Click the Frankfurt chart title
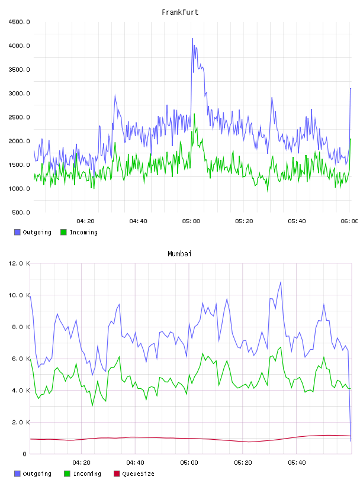point(180,12)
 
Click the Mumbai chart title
point(179,254)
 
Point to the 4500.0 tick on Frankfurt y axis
point(19,22)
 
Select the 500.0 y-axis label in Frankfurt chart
point(21,212)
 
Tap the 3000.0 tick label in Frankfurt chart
point(19,94)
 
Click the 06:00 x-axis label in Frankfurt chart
point(349,221)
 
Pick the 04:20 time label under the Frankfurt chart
point(85,221)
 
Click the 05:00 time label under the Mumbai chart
point(189,463)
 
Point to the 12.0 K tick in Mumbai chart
point(19,263)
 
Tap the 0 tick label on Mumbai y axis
point(24,454)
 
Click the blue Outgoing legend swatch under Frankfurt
point(17,232)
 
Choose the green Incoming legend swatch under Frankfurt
point(63,232)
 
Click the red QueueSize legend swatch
point(117,474)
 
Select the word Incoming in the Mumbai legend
point(87,474)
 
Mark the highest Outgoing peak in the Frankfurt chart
point(192,38)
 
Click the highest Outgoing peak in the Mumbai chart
point(281,282)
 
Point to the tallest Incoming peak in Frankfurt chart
point(194,114)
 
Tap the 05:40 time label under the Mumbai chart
point(297,463)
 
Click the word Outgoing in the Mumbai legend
point(37,474)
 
